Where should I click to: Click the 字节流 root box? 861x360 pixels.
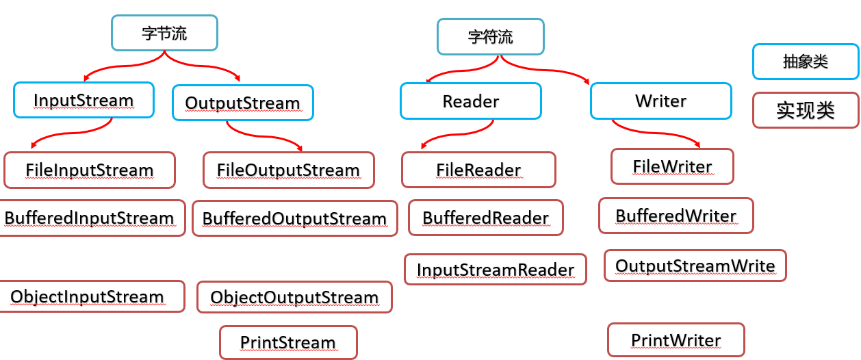click(164, 33)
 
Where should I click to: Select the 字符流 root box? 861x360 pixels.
click(490, 36)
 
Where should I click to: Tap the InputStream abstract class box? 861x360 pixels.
click(83, 101)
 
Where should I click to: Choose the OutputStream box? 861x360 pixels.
click(242, 103)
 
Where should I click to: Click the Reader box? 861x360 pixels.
click(471, 101)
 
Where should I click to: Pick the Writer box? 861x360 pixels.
click(660, 101)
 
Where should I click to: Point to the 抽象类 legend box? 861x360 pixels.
click(805, 62)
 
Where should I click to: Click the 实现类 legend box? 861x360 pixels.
click(805, 110)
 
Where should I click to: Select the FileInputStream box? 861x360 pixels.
click(90, 170)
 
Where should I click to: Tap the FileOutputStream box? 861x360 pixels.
click(288, 170)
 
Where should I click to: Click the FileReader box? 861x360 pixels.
click(478, 170)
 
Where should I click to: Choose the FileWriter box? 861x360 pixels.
click(672, 166)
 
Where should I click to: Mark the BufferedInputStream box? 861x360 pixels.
click(90, 218)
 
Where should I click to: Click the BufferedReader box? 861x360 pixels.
click(486, 218)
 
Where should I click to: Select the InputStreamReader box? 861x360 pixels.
click(496, 270)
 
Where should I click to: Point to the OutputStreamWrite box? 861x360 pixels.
click(695, 266)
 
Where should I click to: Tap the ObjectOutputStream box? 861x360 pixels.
click(294, 297)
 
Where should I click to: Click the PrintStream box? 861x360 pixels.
click(288, 342)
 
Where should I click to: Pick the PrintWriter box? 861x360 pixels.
click(676, 340)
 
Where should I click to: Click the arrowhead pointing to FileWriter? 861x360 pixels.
click(697, 144)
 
